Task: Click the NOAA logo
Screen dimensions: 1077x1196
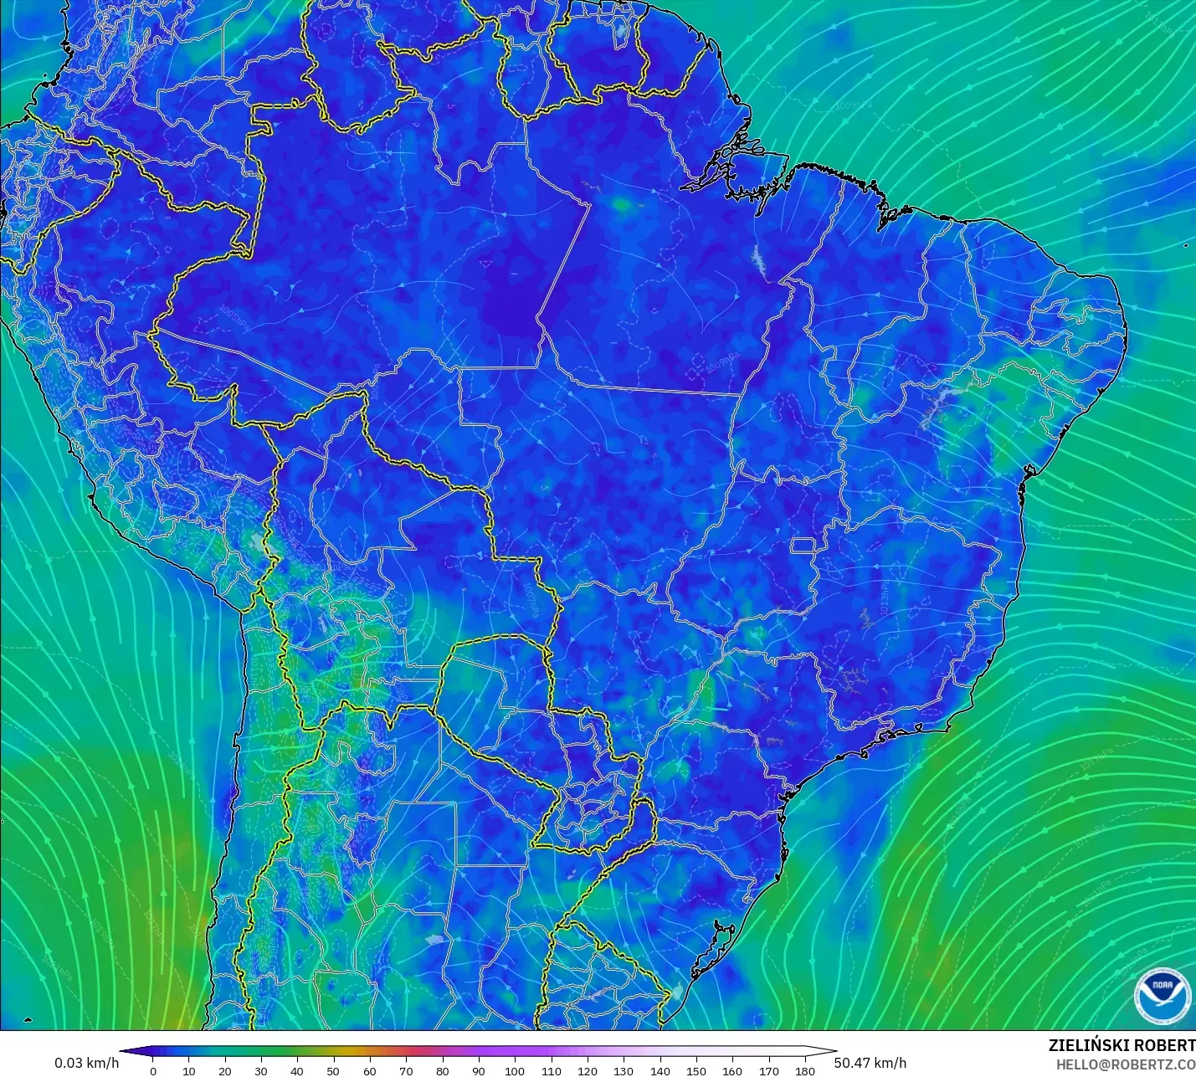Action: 1162,994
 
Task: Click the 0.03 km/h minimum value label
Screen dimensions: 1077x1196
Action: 87,1063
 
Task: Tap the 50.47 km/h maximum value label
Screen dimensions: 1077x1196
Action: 870,1063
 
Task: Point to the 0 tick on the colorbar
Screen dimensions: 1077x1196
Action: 153,1070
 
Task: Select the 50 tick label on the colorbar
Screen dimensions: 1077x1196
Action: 334,1070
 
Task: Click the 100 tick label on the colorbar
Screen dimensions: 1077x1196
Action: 515,1070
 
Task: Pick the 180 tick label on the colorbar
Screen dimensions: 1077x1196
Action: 805,1070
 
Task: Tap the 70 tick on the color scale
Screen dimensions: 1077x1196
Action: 407,1070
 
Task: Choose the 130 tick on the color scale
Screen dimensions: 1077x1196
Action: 624,1070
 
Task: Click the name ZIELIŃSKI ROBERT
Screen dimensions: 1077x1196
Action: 1122,1045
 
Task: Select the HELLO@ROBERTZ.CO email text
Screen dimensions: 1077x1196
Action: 1125,1064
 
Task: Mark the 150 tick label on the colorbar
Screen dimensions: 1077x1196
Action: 696,1070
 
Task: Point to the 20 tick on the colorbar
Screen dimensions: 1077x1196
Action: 225,1070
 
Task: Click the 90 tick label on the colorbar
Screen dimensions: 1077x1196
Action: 479,1070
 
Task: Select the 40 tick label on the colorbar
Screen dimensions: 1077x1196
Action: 298,1070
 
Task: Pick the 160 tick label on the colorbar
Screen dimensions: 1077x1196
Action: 732,1070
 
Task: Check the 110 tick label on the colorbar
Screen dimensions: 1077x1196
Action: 552,1070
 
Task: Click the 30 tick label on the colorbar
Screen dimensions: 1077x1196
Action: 261,1070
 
